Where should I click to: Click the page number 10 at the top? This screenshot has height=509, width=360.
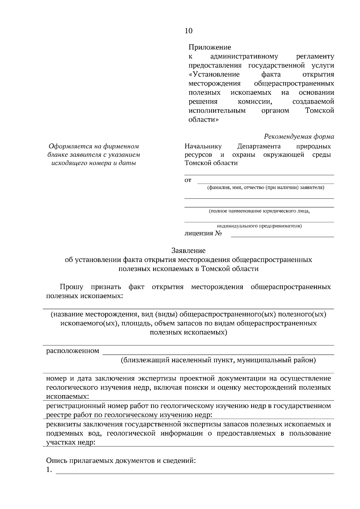(x=189, y=31)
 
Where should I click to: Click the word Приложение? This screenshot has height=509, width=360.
(x=210, y=47)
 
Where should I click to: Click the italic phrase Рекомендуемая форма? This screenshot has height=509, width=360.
(x=299, y=137)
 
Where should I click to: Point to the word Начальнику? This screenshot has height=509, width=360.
(x=203, y=146)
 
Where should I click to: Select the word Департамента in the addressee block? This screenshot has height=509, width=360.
(x=259, y=146)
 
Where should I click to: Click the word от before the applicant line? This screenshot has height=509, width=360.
(x=188, y=180)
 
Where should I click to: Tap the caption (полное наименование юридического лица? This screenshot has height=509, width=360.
(x=259, y=211)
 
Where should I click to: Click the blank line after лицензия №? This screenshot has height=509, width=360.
(x=282, y=235)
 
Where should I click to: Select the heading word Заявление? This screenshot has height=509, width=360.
(x=188, y=250)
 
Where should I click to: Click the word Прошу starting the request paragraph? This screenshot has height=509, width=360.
(x=71, y=287)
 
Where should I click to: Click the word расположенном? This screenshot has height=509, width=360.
(x=73, y=351)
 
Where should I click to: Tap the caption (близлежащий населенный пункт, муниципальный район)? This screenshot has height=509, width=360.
(x=218, y=360)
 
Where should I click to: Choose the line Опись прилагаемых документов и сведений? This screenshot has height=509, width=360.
(x=121, y=461)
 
